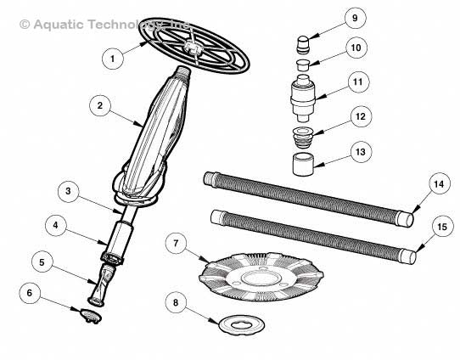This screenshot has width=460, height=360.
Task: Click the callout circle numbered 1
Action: click(x=110, y=59)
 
